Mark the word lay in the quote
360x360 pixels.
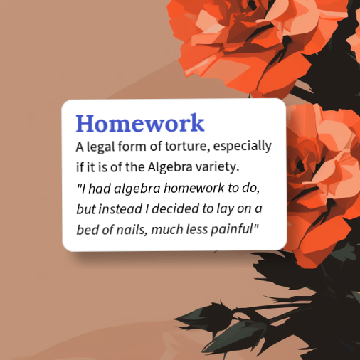(227, 209)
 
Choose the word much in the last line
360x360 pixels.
(170, 230)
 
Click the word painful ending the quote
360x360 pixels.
(239, 230)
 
